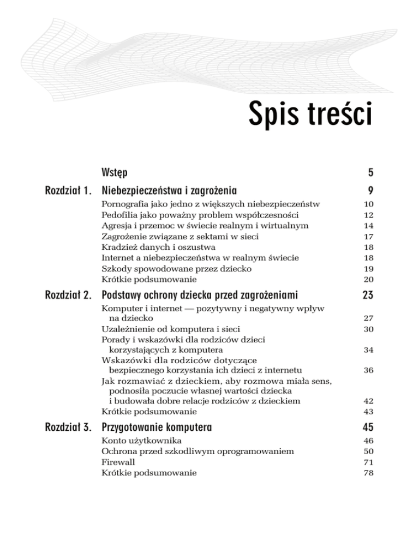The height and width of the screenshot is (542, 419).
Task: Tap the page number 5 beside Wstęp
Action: click(x=370, y=173)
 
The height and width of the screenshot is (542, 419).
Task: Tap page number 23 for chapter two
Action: click(x=367, y=296)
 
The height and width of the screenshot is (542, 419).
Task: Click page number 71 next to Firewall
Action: click(x=368, y=462)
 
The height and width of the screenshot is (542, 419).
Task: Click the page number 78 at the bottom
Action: click(x=368, y=473)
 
